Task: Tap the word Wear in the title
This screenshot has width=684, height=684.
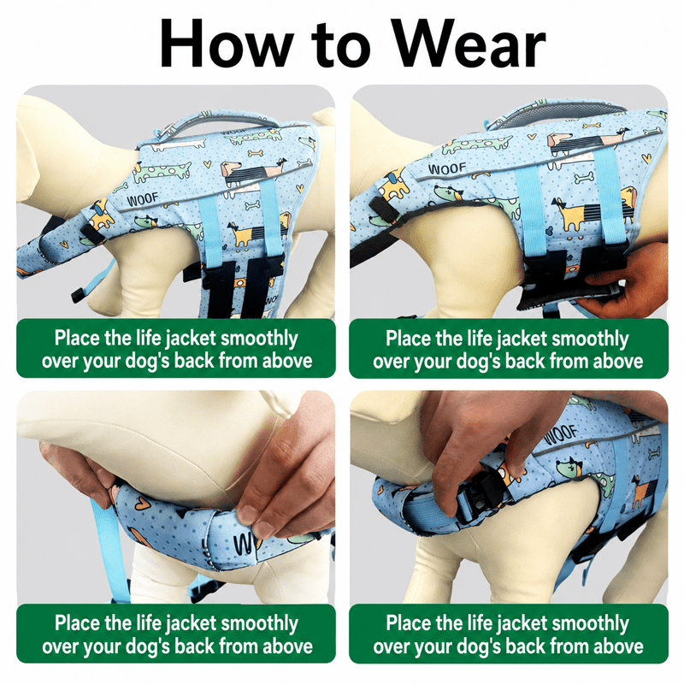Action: pos(469,44)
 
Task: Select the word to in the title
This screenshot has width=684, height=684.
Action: pos(341,46)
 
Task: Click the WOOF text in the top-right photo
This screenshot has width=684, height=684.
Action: pos(447,168)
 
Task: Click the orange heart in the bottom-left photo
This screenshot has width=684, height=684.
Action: pos(140,504)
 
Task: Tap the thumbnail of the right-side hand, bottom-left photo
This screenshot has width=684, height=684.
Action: pos(249,515)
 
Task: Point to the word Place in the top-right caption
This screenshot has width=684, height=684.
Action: pos(408,338)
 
